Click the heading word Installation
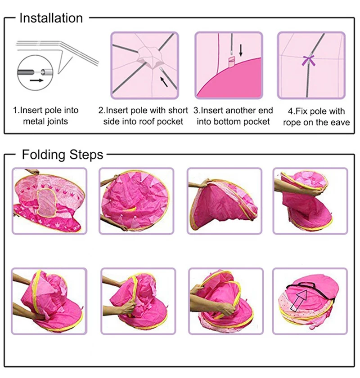point(51,18)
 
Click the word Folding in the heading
point(43,155)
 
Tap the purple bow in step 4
point(309,60)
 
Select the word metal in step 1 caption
point(34,121)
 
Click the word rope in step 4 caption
point(292,122)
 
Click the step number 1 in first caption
point(15,111)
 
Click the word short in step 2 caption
point(178,111)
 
